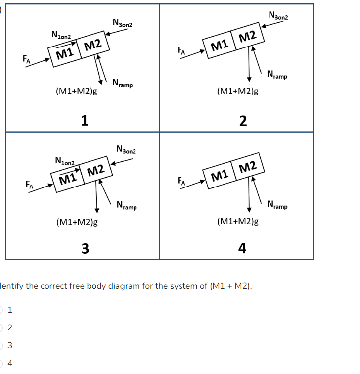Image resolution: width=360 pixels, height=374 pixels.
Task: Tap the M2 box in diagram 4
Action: coord(247,168)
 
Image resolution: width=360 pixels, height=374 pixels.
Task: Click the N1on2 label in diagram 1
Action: coord(61,35)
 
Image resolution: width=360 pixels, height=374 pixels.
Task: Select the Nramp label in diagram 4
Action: coord(277,204)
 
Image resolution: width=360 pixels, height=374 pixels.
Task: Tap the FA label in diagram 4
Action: coord(182,182)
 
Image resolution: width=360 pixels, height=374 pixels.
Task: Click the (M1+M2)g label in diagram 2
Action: coord(238,92)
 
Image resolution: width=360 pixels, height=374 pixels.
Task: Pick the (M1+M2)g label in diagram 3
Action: coord(77,222)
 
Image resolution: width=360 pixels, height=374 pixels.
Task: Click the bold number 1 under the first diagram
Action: coord(85,120)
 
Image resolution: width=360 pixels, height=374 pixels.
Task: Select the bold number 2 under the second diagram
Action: coord(242,121)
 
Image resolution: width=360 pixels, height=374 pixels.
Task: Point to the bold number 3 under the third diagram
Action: coord(85,248)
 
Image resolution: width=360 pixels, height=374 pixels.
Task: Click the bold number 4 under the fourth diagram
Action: coord(242,248)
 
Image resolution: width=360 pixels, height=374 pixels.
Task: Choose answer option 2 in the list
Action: coord(10,327)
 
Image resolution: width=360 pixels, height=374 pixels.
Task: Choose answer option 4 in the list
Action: coord(10,363)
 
